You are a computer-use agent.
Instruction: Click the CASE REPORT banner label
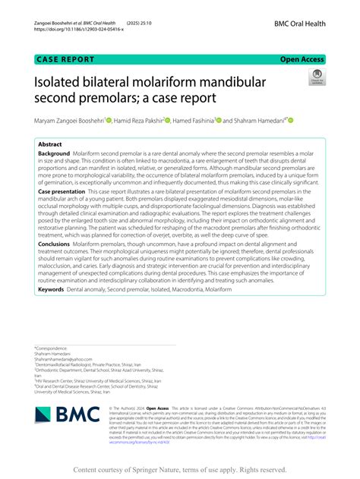point(65,58)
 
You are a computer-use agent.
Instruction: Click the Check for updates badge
point(315,77)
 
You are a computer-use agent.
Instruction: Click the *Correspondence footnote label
point(52,348)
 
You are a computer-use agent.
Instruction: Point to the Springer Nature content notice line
point(180,469)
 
